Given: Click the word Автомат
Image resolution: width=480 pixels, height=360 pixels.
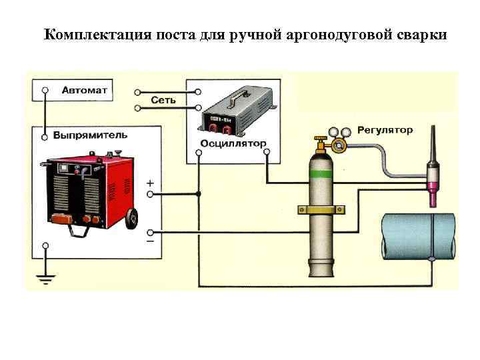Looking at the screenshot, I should tap(87, 89).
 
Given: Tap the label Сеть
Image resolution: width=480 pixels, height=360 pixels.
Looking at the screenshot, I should tap(164, 101).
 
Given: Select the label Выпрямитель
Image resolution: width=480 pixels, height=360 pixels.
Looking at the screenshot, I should tap(90, 135).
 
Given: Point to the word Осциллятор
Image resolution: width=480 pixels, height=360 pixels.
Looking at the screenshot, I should tap(233, 144).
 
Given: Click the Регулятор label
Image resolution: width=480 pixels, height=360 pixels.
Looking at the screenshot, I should tap(385, 130).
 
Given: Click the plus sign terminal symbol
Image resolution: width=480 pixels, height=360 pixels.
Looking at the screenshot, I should tap(151, 181).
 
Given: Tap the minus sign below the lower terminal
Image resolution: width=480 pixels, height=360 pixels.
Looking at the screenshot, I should tap(151, 241).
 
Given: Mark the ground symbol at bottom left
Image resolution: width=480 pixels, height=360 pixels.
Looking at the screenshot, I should tap(45, 279).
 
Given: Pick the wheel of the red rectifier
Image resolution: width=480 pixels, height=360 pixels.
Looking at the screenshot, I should tap(132, 218).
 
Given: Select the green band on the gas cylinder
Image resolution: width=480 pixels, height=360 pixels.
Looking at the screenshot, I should tap(321, 175).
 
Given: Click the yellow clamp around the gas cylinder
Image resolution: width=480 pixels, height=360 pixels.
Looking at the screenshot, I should tap(321, 211).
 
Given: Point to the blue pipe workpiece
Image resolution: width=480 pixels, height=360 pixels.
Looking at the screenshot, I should tap(417, 236).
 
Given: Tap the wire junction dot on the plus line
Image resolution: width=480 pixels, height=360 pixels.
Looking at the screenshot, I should tap(199, 194).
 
